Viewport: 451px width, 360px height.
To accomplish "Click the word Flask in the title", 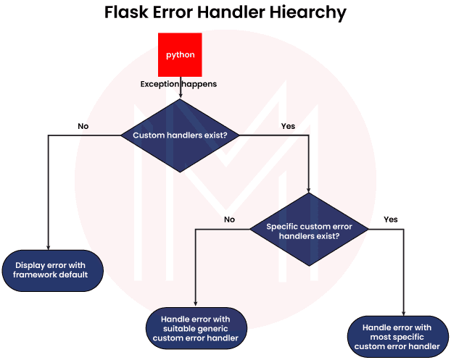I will click(127, 13).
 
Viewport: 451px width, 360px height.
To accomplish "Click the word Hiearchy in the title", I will click(308, 13).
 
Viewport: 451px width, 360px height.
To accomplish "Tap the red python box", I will click(180, 55).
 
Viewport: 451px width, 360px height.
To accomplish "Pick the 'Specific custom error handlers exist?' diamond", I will click(309, 230).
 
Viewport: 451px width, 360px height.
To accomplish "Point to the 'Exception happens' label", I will click(178, 85).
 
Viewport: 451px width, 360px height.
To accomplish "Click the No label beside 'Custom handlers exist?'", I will click(83, 126).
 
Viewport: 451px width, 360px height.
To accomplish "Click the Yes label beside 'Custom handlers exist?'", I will click(288, 126).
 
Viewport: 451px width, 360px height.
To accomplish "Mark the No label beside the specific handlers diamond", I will click(229, 219).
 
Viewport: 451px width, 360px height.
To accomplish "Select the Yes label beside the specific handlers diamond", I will click(391, 219).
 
